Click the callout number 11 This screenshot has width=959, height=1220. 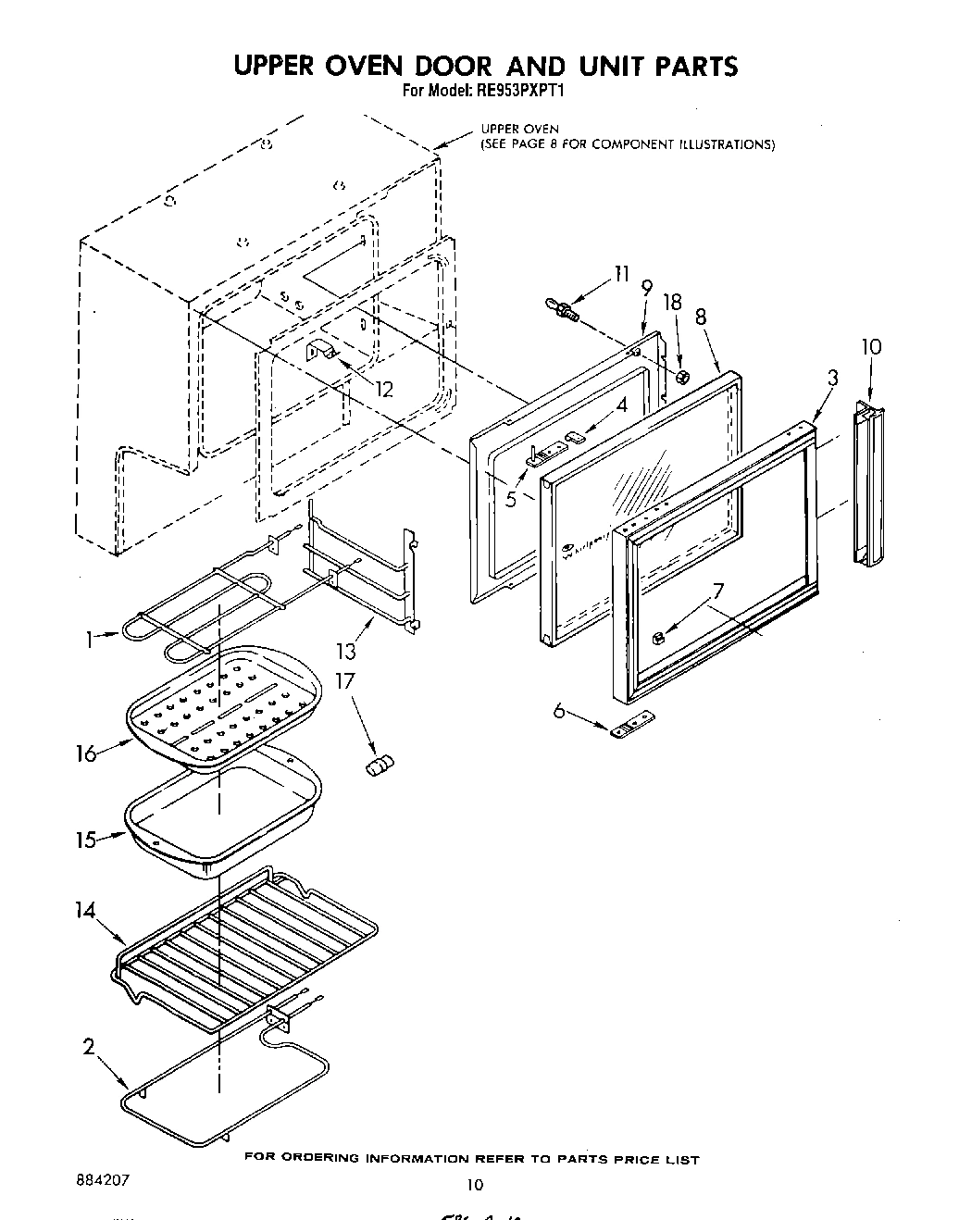(x=620, y=274)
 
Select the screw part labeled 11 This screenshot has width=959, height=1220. (x=562, y=309)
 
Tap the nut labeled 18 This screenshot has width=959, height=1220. (x=681, y=377)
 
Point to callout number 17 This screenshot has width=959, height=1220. (x=344, y=681)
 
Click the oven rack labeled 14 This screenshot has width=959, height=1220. (x=245, y=944)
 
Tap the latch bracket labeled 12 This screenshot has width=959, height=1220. (x=320, y=353)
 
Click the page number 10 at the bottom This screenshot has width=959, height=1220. (x=475, y=1184)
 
